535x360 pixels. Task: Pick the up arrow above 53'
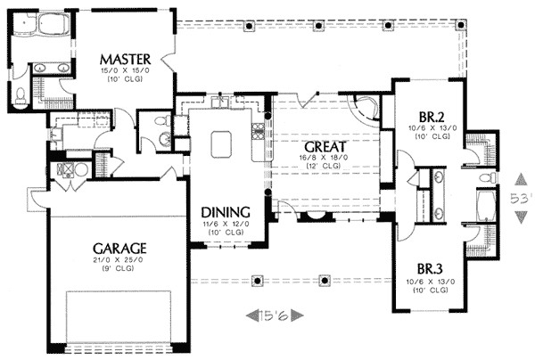[520, 176]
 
